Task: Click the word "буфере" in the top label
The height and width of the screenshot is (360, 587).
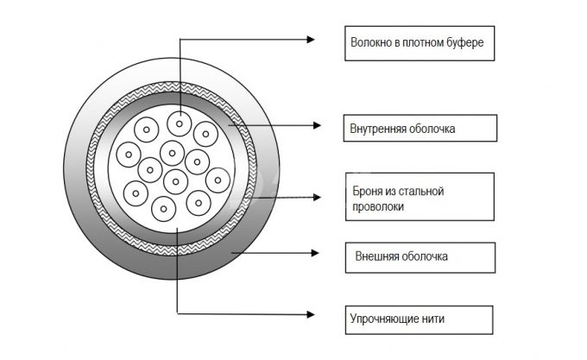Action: [x=465, y=42]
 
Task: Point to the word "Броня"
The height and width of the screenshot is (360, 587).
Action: [x=367, y=191]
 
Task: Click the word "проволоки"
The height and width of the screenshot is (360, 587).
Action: [x=378, y=207]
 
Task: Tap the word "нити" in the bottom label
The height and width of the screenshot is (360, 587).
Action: [x=433, y=319]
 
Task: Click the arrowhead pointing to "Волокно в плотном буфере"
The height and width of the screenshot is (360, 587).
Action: [x=311, y=40]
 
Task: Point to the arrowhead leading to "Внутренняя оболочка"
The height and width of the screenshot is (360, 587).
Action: [x=317, y=125]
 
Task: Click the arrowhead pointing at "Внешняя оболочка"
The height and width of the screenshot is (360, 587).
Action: [x=315, y=253]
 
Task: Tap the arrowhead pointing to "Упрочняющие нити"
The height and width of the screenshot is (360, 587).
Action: [x=311, y=314]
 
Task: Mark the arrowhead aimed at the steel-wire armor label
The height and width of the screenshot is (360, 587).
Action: [x=317, y=197]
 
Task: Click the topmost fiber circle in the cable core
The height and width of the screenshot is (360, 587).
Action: [x=180, y=123]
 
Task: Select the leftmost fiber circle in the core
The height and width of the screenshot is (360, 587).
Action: [x=129, y=155]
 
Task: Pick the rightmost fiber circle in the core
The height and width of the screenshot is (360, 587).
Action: [x=218, y=180]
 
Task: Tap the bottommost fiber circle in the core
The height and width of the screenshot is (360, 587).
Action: [x=164, y=209]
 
